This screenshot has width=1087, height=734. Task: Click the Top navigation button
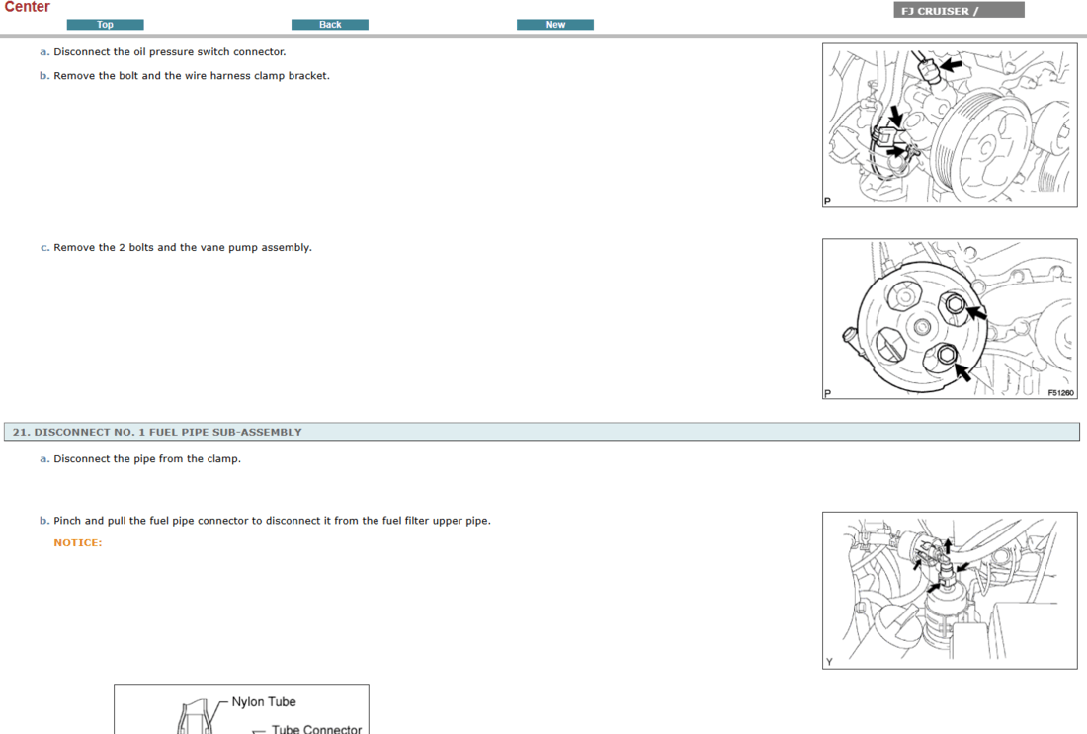click(x=106, y=25)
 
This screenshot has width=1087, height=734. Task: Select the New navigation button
click(x=555, y=25)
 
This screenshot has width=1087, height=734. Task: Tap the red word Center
click(x=27, y=7)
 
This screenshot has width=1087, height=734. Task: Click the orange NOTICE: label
click(x=78, y=542)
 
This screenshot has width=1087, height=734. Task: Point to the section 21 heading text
click(x=157, y=432)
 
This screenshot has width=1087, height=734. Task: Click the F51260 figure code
click(x=1060, y=393)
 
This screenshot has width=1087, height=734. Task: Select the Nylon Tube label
click(x=264, y=702)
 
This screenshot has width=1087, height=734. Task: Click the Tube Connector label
click(x=317, y=728)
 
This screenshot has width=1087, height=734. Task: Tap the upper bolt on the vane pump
click(x=954, y=303)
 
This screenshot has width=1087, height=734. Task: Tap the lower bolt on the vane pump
click(x=947, y=355)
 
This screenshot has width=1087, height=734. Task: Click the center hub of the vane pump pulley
click(x=921, y=326)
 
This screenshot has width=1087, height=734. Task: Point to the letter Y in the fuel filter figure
click(x=829, y=662)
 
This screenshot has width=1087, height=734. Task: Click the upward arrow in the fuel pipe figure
click(x=948, y=545)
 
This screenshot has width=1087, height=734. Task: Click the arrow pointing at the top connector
click(x=951, y=65)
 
